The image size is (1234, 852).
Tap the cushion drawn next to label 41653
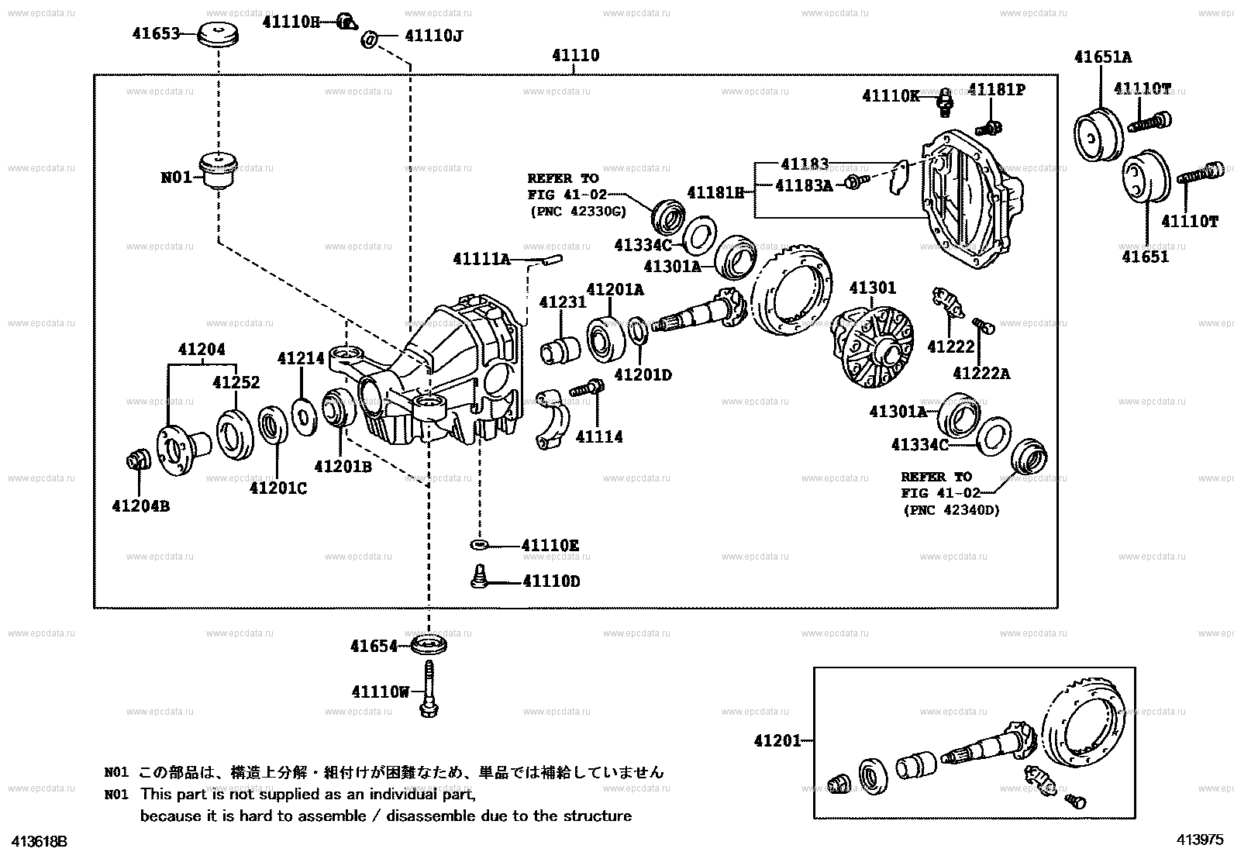coord(218,36)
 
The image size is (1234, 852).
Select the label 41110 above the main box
coord(575,56)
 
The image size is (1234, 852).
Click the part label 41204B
coord(140,506)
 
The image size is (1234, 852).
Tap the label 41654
coord(374,646)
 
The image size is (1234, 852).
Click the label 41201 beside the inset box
coord(777,741)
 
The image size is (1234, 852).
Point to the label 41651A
coord(1102,57)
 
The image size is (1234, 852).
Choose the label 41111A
coord(481,259)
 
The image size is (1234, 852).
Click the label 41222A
coord(981,374)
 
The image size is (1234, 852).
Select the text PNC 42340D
coord(951,510)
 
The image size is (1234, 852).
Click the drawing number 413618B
coord(36,841)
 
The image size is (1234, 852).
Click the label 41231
coord(563,302)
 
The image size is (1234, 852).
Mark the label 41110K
coord(891,96)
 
